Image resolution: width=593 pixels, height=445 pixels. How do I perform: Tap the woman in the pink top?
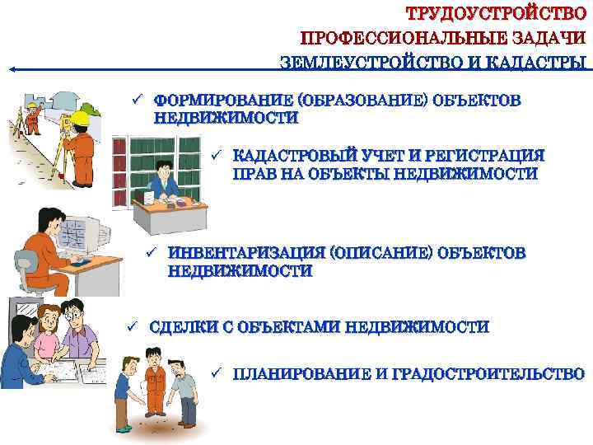[48, 332]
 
